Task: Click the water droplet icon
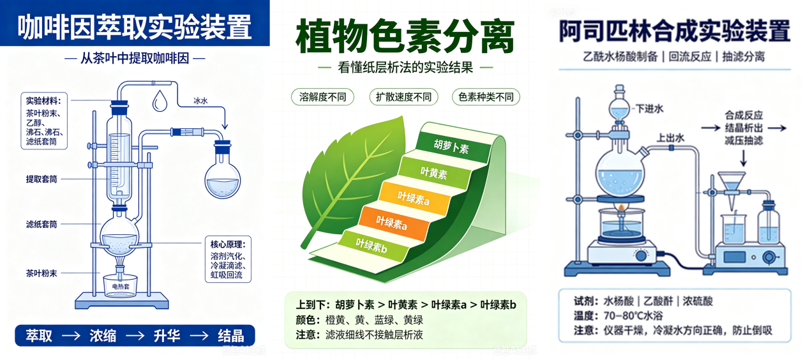tap(160, 100)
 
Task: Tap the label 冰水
tap(200, 101)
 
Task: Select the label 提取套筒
tap(41, 179)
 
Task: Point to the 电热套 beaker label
tap(121, 287)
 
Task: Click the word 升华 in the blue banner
tap(167, 336)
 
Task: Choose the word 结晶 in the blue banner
tap(230, 336)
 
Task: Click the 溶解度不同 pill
tap(322, 97)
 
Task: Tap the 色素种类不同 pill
tap(486, 97)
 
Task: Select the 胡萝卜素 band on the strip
tap(452, 146)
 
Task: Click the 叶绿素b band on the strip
tap(373, 246)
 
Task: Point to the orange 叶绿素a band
tap(393, 223)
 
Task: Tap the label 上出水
tap(670, 138)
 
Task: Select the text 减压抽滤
tap(744, 140)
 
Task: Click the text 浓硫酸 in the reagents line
tap(698, 301)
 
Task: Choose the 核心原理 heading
tap(228, 244)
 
